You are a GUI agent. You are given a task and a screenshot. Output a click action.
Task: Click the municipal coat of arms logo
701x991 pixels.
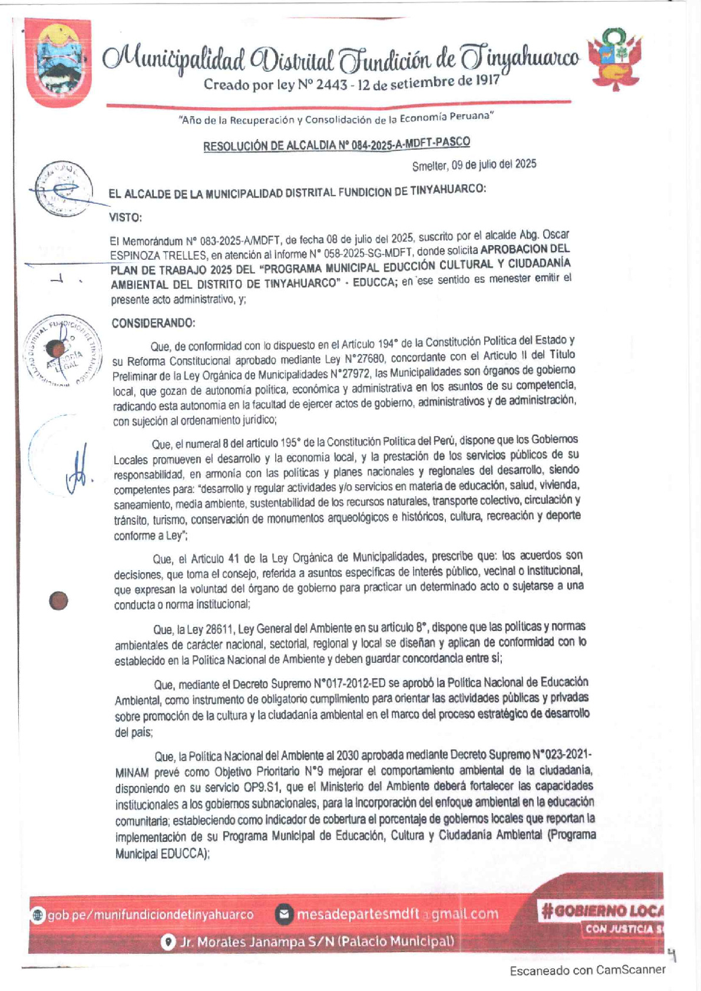[58, 62]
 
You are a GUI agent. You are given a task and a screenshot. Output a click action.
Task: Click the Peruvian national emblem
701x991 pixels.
[615, 59]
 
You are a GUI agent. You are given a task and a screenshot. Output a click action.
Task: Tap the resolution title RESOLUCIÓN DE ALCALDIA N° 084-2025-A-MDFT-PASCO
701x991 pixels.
[336, 144]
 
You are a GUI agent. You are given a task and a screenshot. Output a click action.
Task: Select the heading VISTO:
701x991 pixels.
[125, 217]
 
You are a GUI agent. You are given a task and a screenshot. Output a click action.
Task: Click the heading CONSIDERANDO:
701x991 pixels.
[153, 323]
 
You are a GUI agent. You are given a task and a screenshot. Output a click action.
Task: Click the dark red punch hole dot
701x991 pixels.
[58, 601]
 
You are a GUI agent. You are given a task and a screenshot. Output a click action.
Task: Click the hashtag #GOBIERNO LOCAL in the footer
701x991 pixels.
[602, 910]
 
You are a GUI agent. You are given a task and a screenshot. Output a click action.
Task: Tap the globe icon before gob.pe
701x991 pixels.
[38, 915]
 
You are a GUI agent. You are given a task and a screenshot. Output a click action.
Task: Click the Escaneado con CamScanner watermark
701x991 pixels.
[587, 969]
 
